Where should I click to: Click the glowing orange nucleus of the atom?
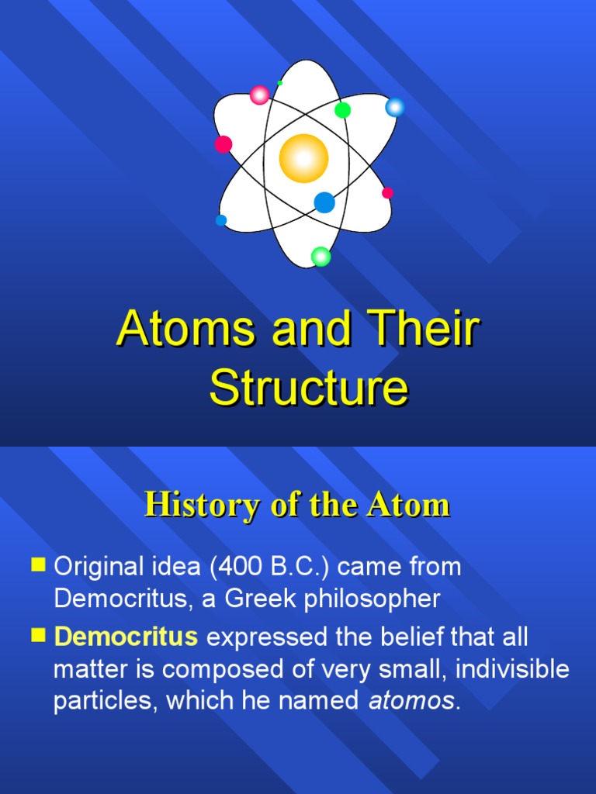pyautogui.click(x=303, y=158)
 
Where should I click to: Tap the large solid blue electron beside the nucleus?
pyautogui.click(x=324, y=202)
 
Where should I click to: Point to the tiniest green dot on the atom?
pyautogui.click(x=279, y=82)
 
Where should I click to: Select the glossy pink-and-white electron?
pyautogui.click(x=259, y=95)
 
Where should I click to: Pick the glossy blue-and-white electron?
pyautogui.click(x=394, y=107)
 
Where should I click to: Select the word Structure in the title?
pyautogui.click(x=309, y=388)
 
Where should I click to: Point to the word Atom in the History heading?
pyautogui.click(x=409, y=506)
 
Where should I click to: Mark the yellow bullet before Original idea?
pyautogui.click(x=39, y=564)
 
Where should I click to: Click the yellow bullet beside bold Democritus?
pyautogui.click(x=39, y=635)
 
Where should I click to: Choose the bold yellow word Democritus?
pyautogui.click(x=126, y=637)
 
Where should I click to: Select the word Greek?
pyautogui.click(x=260, y=599)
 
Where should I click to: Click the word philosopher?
pyautogui.click(x=372, y=599)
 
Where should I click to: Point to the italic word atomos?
pyautogui.click(x=411, y=701)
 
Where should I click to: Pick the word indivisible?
pyautogui.click(x=512, y=668)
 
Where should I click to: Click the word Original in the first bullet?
pyautogui.click(x=99, y=567)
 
